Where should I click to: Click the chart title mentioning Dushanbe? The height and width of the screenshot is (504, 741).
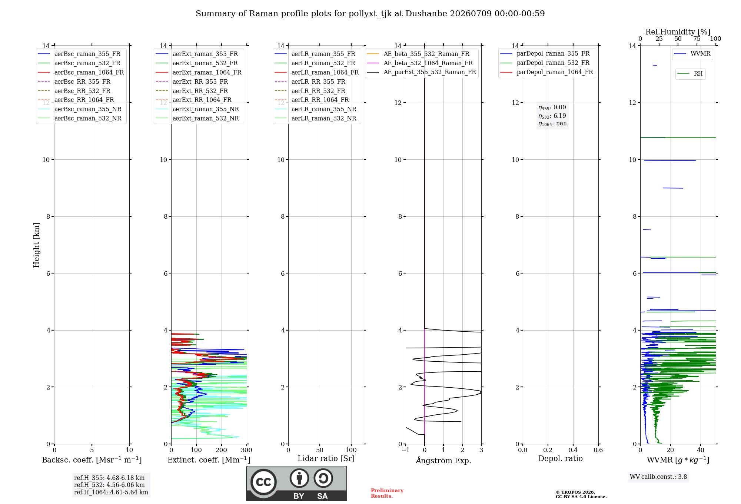tap(370, 14)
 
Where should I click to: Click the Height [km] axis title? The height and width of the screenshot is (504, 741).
tap(36, 245)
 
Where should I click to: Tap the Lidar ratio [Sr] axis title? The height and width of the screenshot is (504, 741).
tap(326, 459)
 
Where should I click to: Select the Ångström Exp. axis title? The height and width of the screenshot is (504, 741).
tap(443, 460)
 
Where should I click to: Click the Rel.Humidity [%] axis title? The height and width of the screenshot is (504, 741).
tap(678, 32)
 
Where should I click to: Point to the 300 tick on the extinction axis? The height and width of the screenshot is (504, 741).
tap(246, 450)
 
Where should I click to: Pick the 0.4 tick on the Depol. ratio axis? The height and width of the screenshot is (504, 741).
tap(573, 450)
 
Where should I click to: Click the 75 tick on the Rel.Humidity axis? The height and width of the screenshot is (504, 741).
tap(697, 39)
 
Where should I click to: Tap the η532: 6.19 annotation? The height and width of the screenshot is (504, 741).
tap(552, 116)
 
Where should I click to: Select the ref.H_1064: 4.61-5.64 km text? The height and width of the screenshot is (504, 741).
tap(111, 493)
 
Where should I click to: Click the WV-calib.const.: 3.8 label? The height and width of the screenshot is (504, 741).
tap(658, 477)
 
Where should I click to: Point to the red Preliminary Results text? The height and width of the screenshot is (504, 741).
tap(387, 493)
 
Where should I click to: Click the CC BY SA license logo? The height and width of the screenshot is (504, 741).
tap(296, 483)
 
